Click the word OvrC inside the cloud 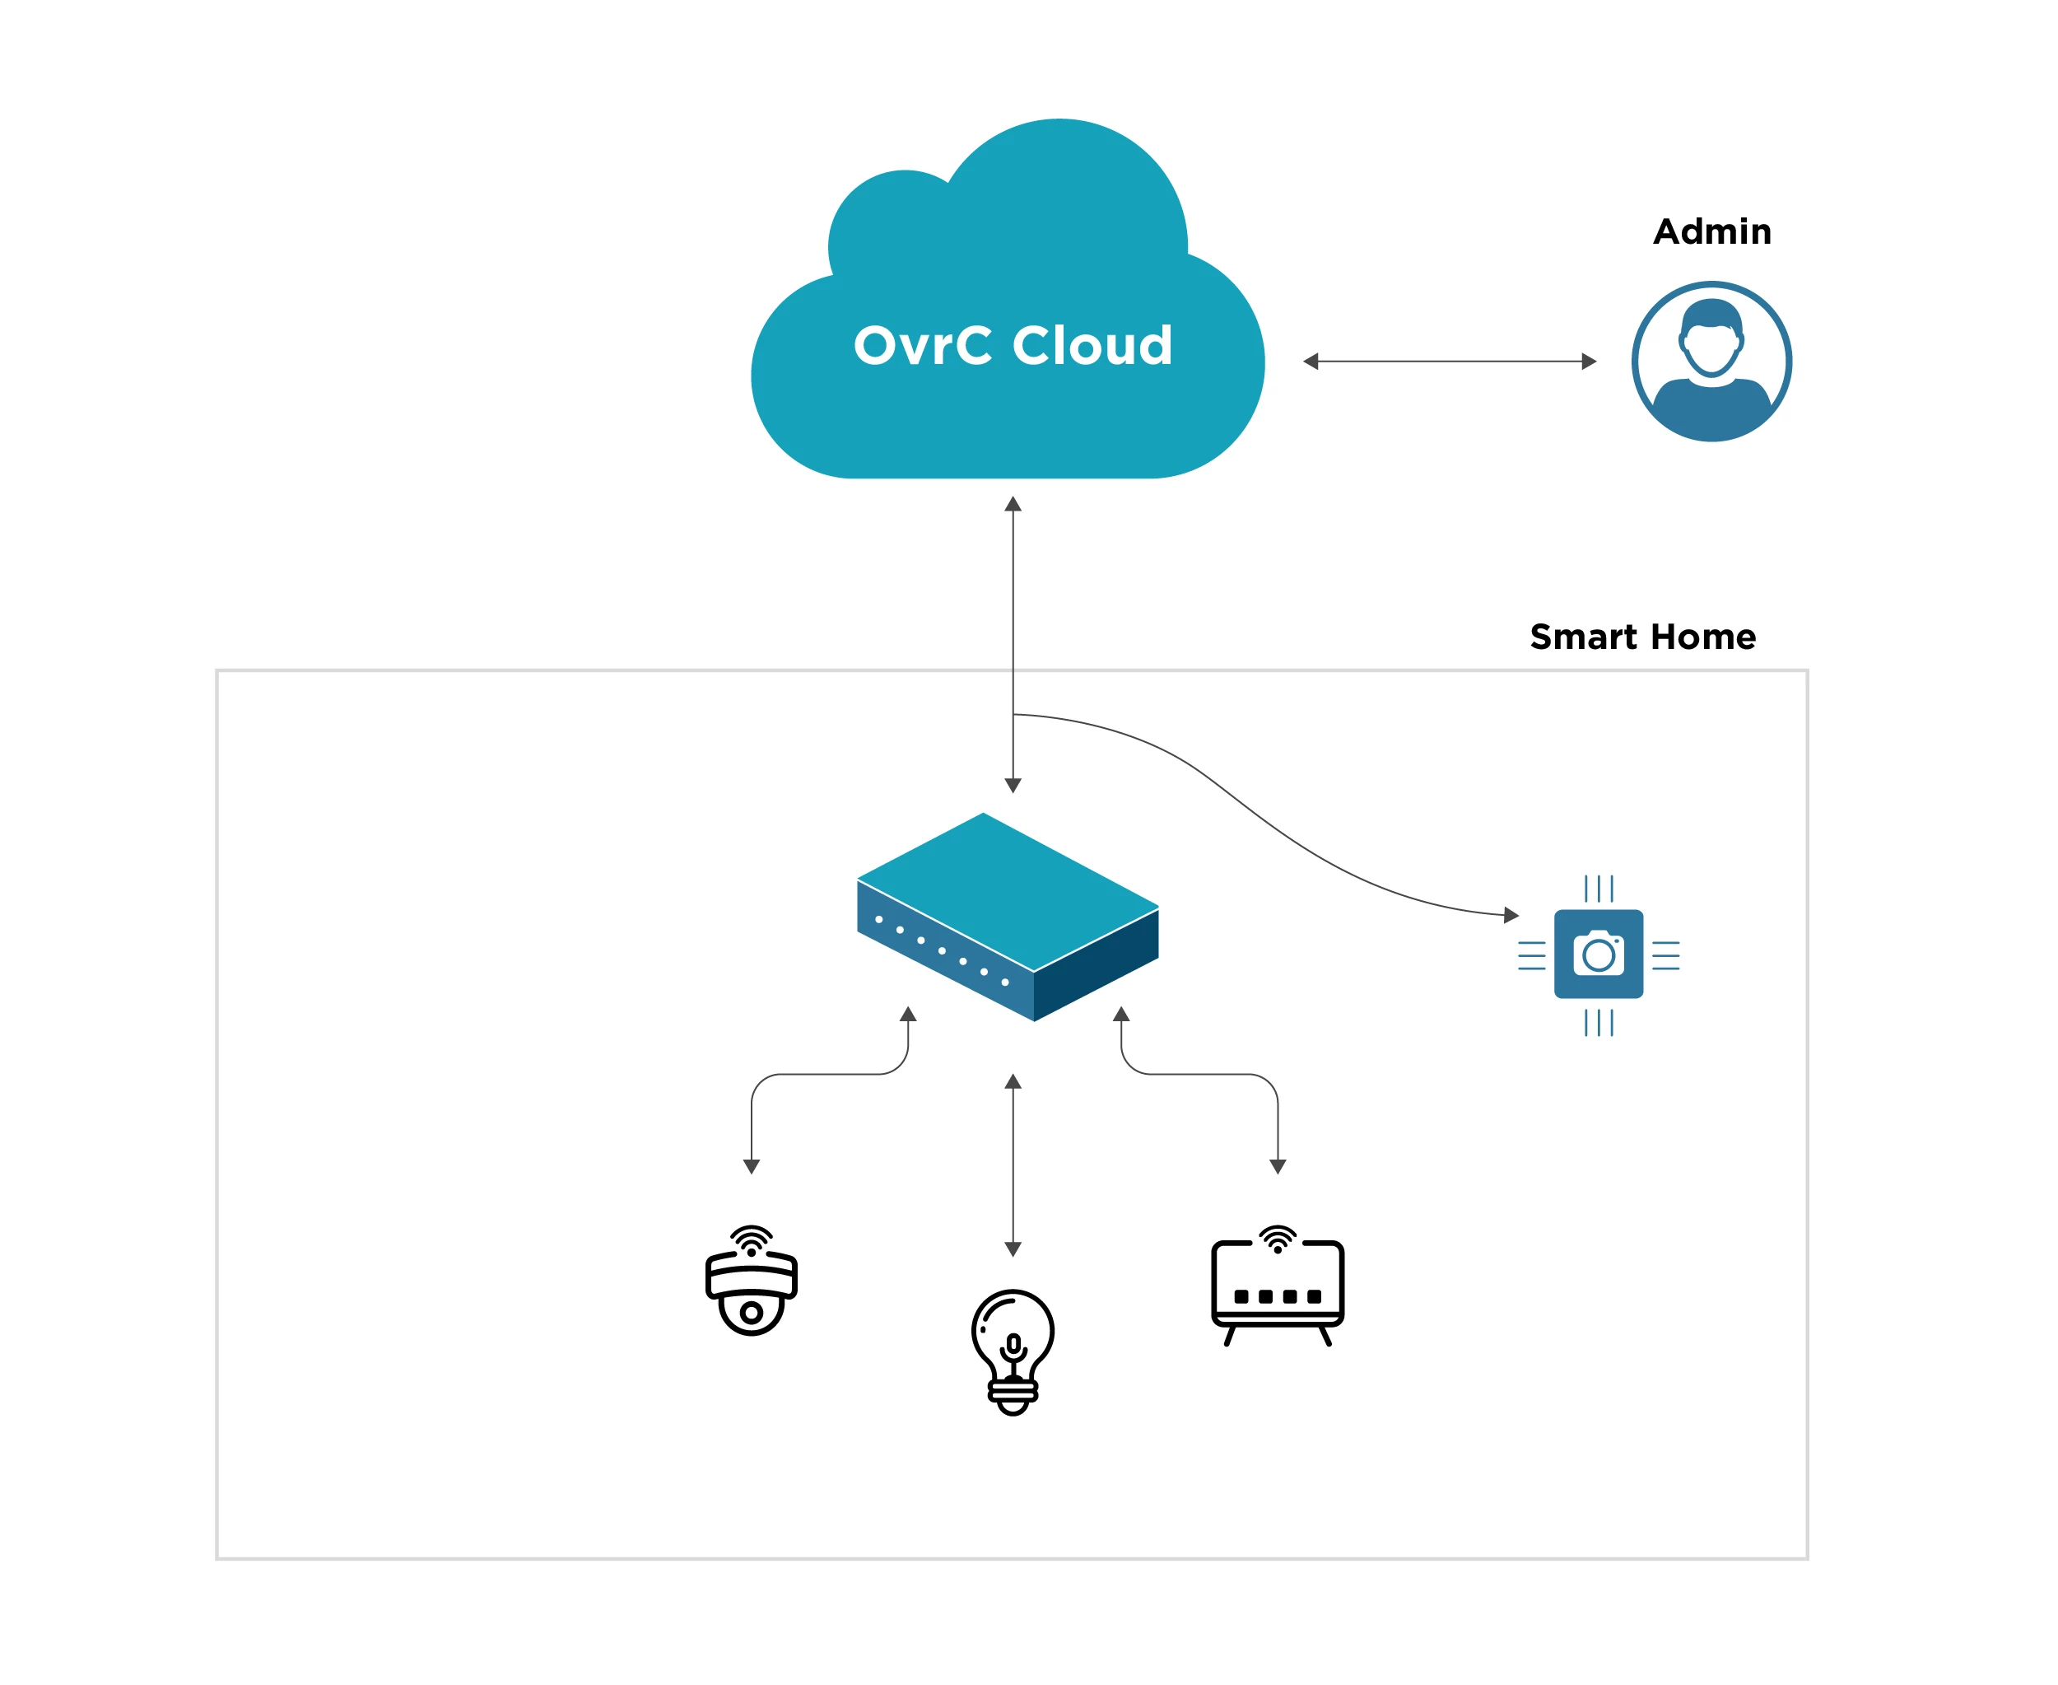[922, 346]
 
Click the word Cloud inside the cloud [1092, 346]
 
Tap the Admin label [1711, 232]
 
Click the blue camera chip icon [1598, 955]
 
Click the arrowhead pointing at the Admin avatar [1589, 362]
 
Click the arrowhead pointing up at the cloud [1013, 504]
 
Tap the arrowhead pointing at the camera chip [1511, 914]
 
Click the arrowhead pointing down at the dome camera [751, 1167]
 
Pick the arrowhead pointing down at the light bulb [1013, 1249]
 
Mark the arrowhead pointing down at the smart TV [1278, 1167]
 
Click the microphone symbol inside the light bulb [1013, 1347]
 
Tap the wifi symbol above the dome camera [751, 1239]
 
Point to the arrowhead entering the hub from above [1013, 785]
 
